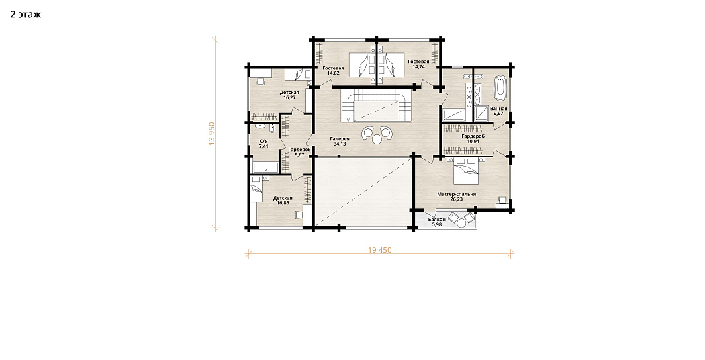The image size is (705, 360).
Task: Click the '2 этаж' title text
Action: click(x=26, y=15)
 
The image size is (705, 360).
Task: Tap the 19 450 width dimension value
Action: click(x=380, y=250)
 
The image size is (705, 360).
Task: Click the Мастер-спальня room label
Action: click(x=456, y=194)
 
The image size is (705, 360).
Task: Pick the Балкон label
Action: click(x=437, y=219)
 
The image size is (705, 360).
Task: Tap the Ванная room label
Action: click(x=498, y=109)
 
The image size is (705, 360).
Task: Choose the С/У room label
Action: click(x=263, y=141)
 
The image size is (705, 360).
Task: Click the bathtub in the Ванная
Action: click(x=500, y=88)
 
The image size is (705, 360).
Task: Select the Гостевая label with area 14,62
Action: click(x=333, y=68)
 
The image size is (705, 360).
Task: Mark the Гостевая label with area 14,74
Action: click(x=418, y=61)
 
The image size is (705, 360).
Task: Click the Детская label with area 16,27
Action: click(x=289, y=93)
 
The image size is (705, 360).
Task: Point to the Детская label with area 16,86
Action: click(x=283, y=198)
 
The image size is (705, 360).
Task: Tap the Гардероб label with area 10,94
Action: click(x=473, y=136)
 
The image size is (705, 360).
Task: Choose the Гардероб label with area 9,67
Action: click(x=299, y=149)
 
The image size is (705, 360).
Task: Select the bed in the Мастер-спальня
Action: click(x=465, y=171)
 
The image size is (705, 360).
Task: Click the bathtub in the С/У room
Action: click(x=265, y=168)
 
